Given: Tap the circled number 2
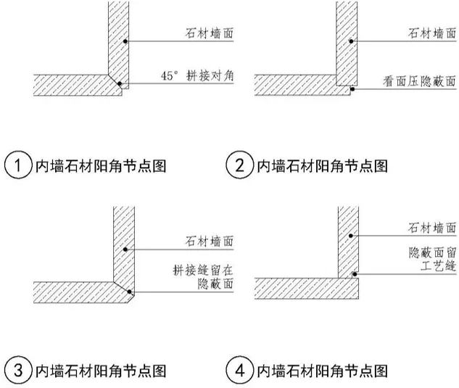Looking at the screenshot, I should click(x=239, y=165).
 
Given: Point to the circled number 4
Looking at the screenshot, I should click(x=239, y=371).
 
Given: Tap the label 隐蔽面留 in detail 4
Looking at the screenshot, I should click(x=429, y=253).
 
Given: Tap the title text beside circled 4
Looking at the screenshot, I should click(x=322, y=371).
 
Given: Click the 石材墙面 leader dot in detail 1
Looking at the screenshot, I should click(x=125, y=42).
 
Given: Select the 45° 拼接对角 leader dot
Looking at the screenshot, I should click(x=121, y=84).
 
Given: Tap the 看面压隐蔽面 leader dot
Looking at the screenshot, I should click(x=352, y=90).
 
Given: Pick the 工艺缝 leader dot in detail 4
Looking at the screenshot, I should click(x=353, y=274).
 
